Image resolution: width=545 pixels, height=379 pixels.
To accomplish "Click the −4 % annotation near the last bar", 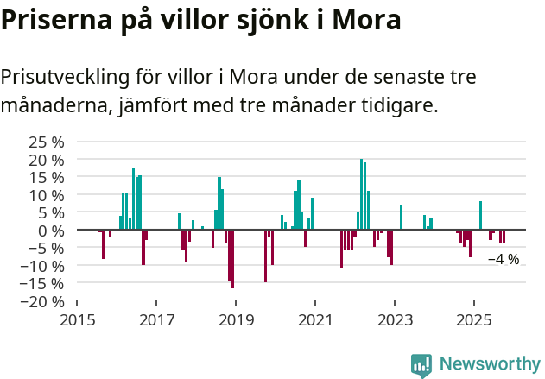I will (504, 259).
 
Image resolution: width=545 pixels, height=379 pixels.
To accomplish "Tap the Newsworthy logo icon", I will (421, 365).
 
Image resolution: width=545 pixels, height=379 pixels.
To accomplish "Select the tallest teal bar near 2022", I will (361, 194).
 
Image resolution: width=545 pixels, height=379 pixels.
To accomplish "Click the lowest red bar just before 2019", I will (232, 258).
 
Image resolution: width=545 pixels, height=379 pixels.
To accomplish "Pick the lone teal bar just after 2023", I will (401, 218).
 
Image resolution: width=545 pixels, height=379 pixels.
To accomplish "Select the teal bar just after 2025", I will (480, 216).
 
